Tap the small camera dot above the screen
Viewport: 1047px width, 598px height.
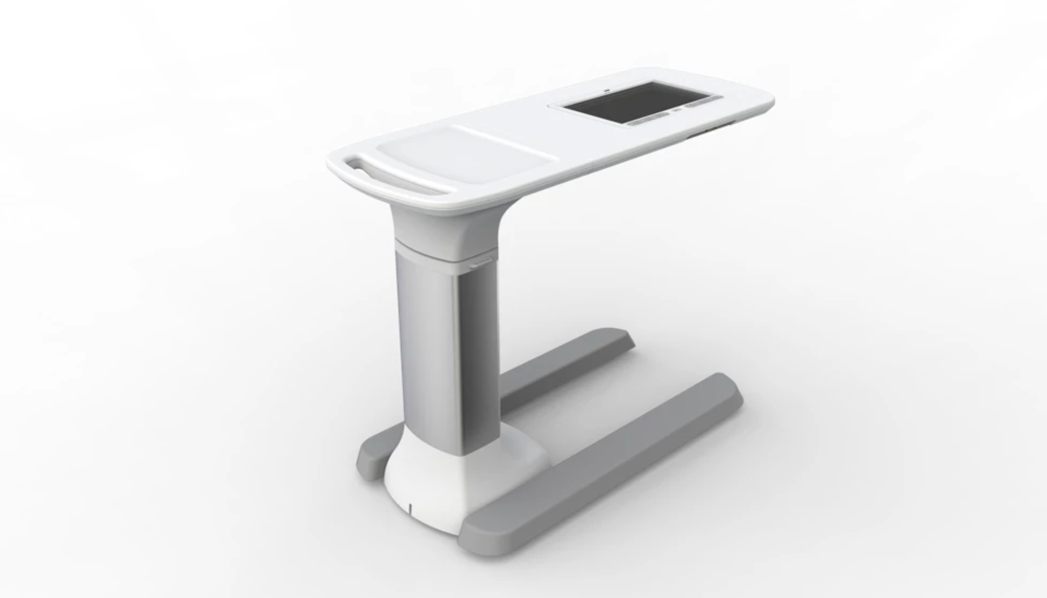(607, 91)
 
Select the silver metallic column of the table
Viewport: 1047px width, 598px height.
(445, 349)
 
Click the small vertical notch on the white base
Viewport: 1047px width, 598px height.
(410, 506)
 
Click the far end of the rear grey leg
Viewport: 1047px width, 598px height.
(615, 337)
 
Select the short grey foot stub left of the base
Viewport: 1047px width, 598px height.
(372, 458)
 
